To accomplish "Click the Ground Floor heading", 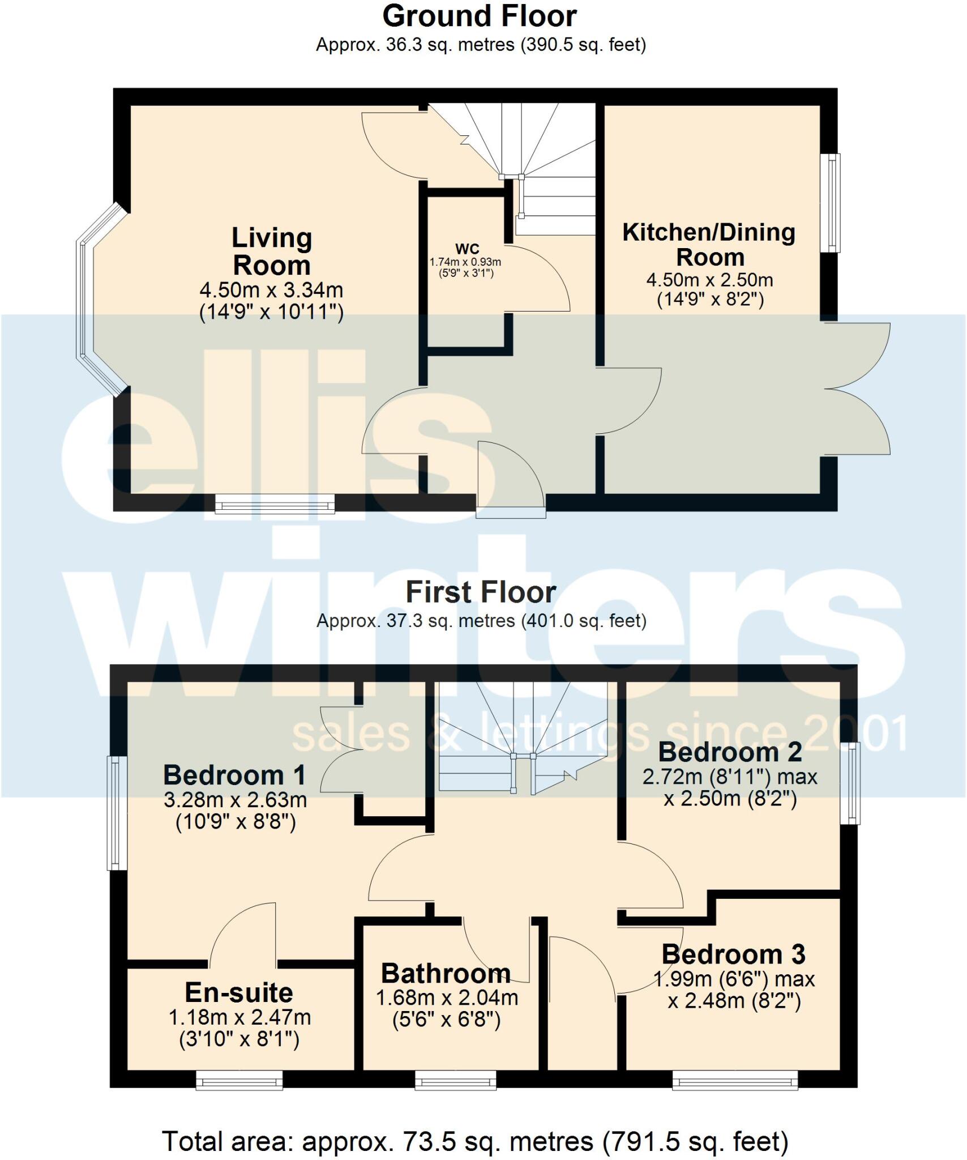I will point(480,16).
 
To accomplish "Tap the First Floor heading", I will point(481,592).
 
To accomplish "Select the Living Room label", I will point(272,251).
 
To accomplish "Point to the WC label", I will point(467,249).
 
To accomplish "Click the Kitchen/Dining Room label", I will point(709,244).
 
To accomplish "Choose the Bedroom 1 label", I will point(234,775).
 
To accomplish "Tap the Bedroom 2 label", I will point(730,752).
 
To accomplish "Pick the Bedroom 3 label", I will point(733,954).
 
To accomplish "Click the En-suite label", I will point(239,992).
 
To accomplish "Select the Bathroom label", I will point(446,974).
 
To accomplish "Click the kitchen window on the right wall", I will point(831,202).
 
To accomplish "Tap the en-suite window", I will point(239,1080).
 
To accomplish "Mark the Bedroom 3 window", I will point(735,1080).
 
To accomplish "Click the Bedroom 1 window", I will point(115,813).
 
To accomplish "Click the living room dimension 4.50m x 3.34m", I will point(271,291).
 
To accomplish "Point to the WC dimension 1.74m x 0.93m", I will point(465,262).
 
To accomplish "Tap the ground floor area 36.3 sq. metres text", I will point(481,45).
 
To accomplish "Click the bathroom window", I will point(456,1080).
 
